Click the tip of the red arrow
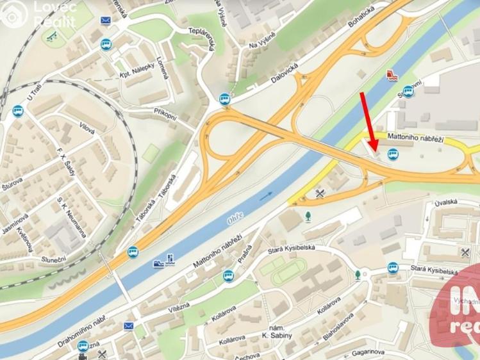374,154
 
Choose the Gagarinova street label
368,351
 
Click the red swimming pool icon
391,76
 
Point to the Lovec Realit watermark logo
38,14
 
